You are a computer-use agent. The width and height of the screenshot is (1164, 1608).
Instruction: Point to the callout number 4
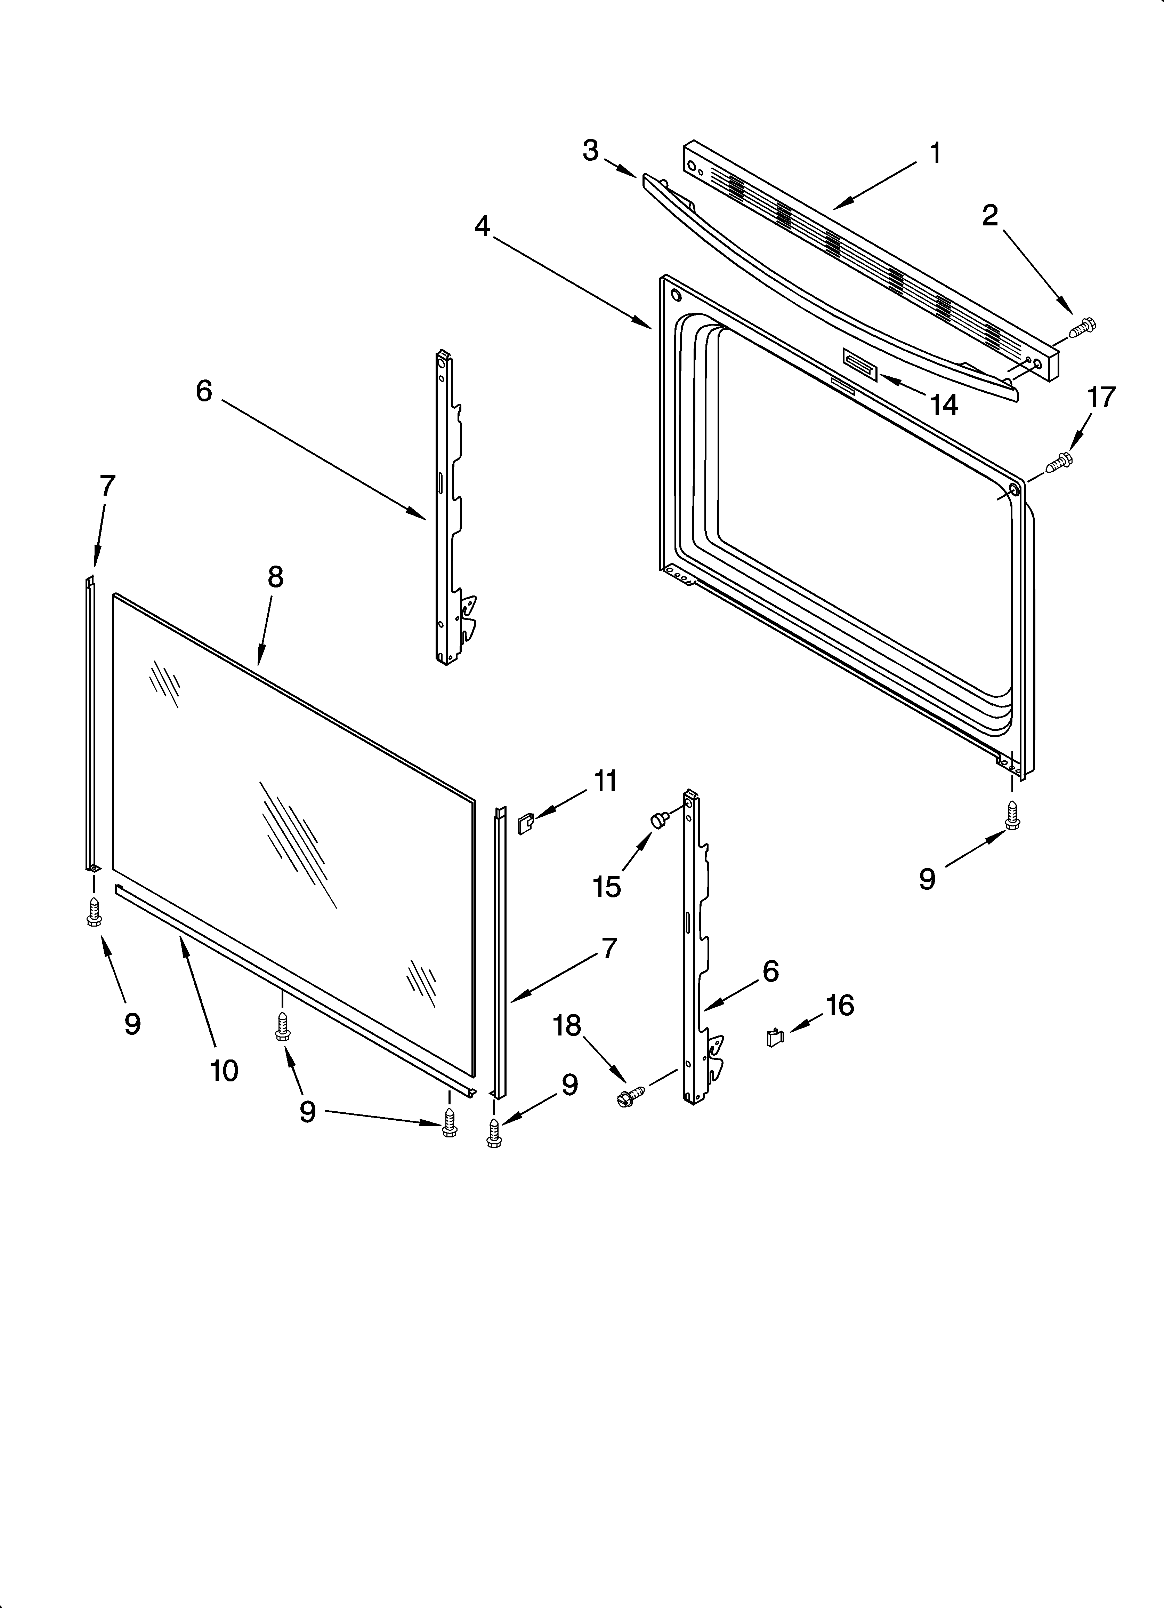pyautogui.click(x=482, y=226)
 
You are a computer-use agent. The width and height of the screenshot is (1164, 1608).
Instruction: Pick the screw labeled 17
pyautogui.click(x=1059, y=462)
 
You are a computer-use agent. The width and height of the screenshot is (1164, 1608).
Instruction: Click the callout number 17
pyautogui.click(x=1101, y=398)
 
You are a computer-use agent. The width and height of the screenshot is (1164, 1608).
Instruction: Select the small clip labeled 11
pyautogui.click(x=525, y=824)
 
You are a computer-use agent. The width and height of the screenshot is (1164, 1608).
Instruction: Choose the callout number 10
pyautogui.click(x=224, y=1071)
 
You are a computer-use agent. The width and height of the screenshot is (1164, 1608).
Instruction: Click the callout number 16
pyautogui.click(x=840, y=1005)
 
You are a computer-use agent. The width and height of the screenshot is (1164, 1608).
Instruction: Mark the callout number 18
pyautogui.click(x=567, y=1025)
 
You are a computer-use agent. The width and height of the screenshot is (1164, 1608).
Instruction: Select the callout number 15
pyautogui.click(x=607, y=886)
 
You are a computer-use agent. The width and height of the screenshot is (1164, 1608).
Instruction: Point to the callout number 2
pyautogui.click(x=989, y=216)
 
